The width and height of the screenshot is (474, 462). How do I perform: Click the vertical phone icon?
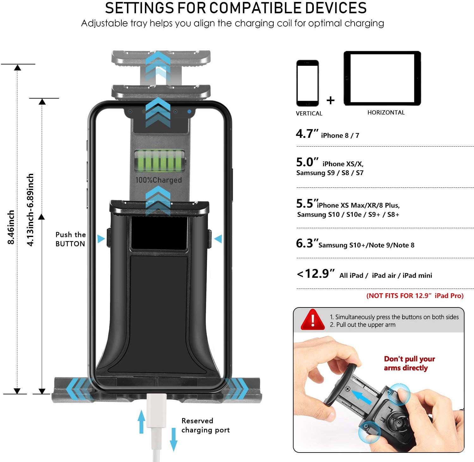(x=307, y=83)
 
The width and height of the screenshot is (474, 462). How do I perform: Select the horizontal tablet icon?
(x=382, y=78)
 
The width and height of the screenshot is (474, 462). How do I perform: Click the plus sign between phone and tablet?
(x=331, y=100)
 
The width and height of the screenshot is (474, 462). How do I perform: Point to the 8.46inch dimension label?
(x=11, y=227)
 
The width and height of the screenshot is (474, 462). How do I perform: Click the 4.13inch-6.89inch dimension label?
(x=30, y=210)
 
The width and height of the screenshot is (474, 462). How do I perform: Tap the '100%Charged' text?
(x=159, y=180)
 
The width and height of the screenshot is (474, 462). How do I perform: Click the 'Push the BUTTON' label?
(x=70, y=239)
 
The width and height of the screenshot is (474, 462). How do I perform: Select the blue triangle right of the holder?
(x=218, y=239)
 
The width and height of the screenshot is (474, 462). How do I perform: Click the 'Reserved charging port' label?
(x=205, y=425)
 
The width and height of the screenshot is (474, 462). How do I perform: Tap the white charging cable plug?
(x=156, y=411)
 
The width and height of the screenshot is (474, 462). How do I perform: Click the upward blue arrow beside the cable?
(x=142, y=421)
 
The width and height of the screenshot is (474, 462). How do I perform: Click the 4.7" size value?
(x=307, y=134)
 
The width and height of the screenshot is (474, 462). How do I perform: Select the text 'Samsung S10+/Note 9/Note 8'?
(x=366, y=245)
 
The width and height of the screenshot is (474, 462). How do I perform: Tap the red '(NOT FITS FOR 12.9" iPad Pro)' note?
(x=415, y=296)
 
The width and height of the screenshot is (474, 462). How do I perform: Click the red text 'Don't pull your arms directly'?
(x=409, y=363)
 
